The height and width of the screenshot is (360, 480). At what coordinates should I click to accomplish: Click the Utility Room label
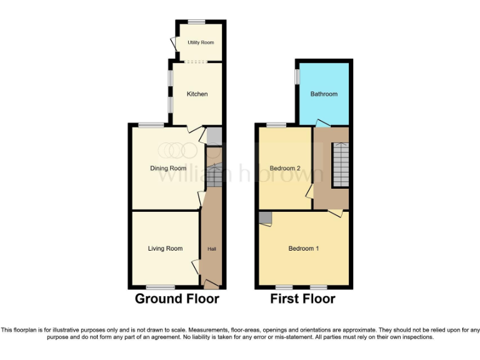(x=201, y=42)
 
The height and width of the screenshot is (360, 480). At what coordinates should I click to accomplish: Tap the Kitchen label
(x=197, y=94)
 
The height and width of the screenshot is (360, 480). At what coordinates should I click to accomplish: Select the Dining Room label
(x=168, y=168)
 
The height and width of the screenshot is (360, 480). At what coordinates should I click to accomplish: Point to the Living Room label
(x=165, y=249)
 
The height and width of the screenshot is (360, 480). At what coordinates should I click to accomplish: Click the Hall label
(x=212, y=249)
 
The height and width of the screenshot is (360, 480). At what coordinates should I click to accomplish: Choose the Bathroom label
(x=324, y=94)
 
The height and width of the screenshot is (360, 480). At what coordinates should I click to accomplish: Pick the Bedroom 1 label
(x=304, y=249)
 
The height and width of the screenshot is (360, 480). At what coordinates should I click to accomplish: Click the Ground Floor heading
(x=177, y=299)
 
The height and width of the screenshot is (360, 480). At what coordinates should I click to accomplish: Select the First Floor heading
(x=302, y=299)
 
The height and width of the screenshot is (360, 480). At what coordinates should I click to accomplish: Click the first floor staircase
(x=340, y=164)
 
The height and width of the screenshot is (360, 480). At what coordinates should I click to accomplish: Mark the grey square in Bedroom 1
(x=266, y=217)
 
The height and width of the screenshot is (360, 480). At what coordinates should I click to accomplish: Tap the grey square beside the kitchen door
(x=214, y=136)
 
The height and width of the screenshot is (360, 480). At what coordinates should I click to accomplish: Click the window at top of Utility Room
(x=197, y=22)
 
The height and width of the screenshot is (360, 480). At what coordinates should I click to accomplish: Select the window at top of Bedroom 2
(x=277, y=125)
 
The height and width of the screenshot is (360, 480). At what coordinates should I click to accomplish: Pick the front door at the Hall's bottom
(x=211, y=284)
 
